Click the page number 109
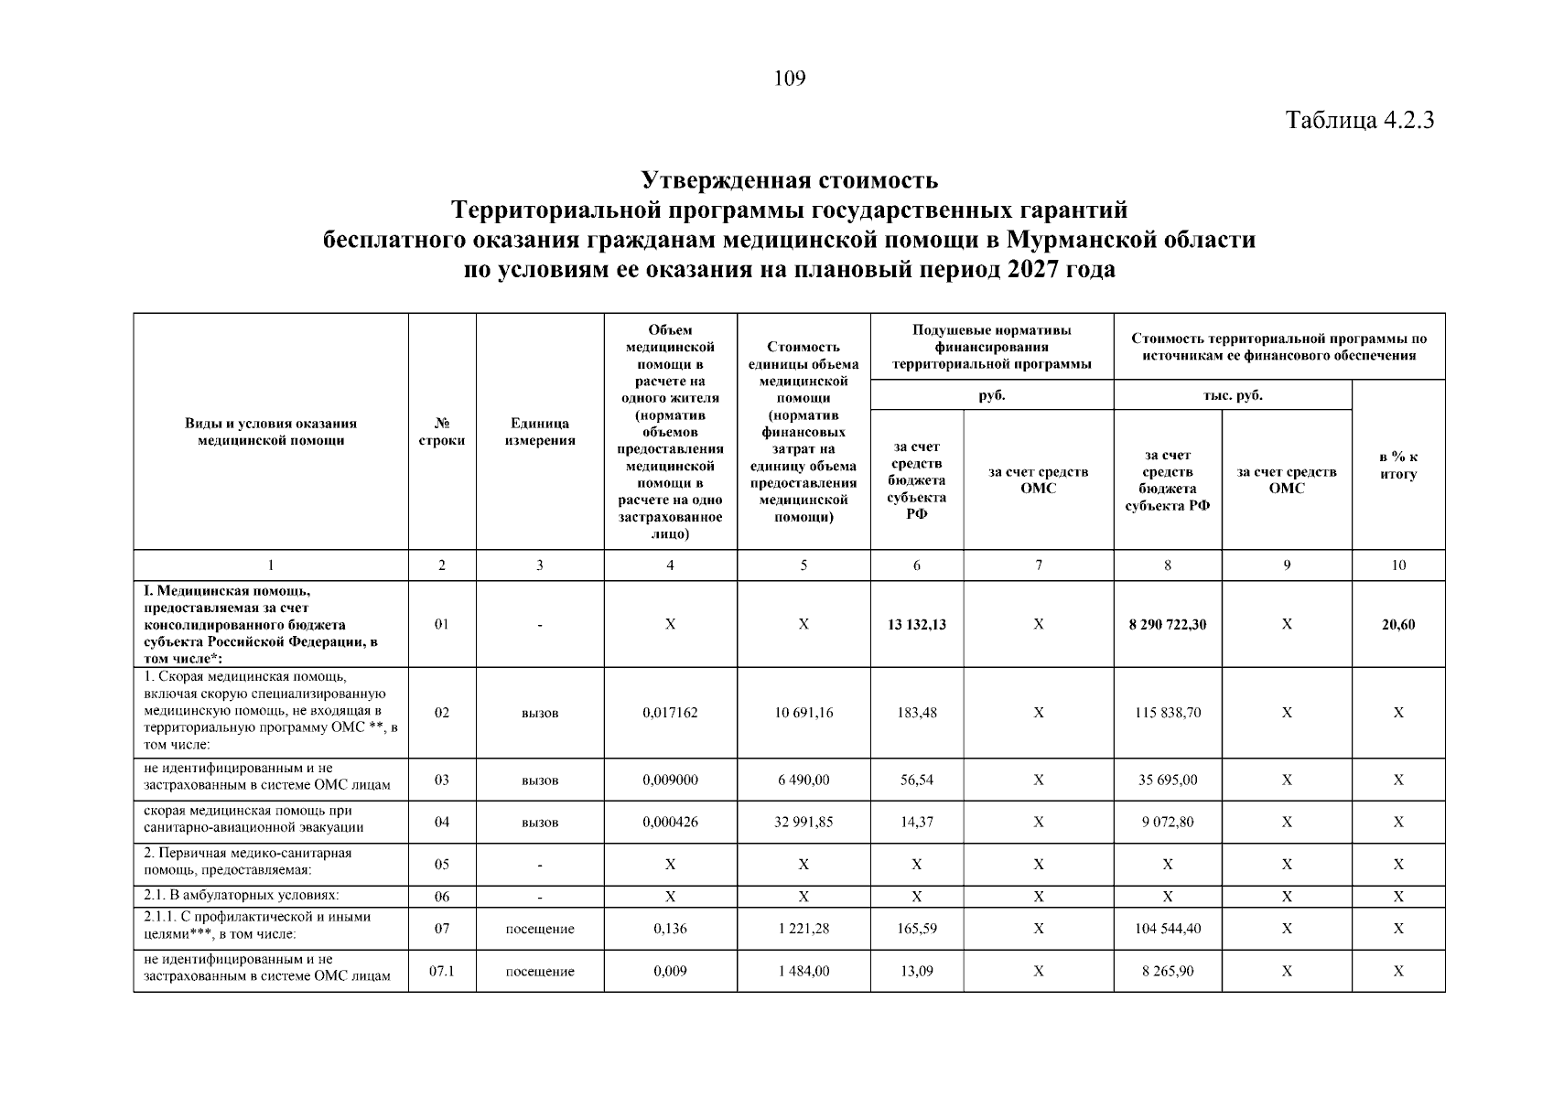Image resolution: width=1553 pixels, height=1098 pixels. pos(789,79)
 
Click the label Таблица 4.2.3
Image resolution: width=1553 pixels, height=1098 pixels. pos(1359,120)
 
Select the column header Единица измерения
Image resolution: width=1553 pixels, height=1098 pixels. pos(539,432)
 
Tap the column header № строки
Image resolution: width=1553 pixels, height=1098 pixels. pos(442,432)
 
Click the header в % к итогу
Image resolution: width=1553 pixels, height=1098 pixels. pos(1397,465)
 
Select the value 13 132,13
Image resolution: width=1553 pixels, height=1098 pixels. pos(916,624)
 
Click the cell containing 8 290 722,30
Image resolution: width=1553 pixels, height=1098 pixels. pos(1167,624)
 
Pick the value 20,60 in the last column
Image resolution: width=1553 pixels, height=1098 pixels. pos(1397,624)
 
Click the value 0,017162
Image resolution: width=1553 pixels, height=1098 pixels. pos(670,712)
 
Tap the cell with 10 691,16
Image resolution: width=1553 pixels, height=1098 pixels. pos(803,712)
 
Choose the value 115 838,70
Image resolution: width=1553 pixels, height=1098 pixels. pos(1167,712)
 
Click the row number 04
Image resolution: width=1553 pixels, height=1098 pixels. pos(442,822)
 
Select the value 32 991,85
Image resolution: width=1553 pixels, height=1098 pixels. pos(803,822)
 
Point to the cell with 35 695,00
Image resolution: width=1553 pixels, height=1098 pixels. pos(1167,780)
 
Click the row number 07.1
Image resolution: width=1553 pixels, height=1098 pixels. pos(442,971)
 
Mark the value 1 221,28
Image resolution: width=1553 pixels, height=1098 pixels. pos(803,928)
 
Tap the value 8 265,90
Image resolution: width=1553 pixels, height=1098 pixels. pos(1167,971)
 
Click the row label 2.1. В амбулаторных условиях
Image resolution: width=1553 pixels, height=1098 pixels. pos(242,895)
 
